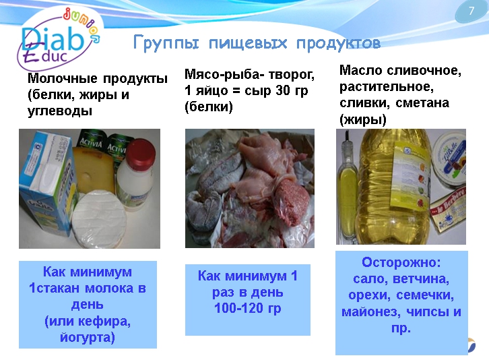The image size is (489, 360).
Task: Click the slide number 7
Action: pos(471,11)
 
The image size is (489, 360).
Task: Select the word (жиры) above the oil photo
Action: pos(363,119)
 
